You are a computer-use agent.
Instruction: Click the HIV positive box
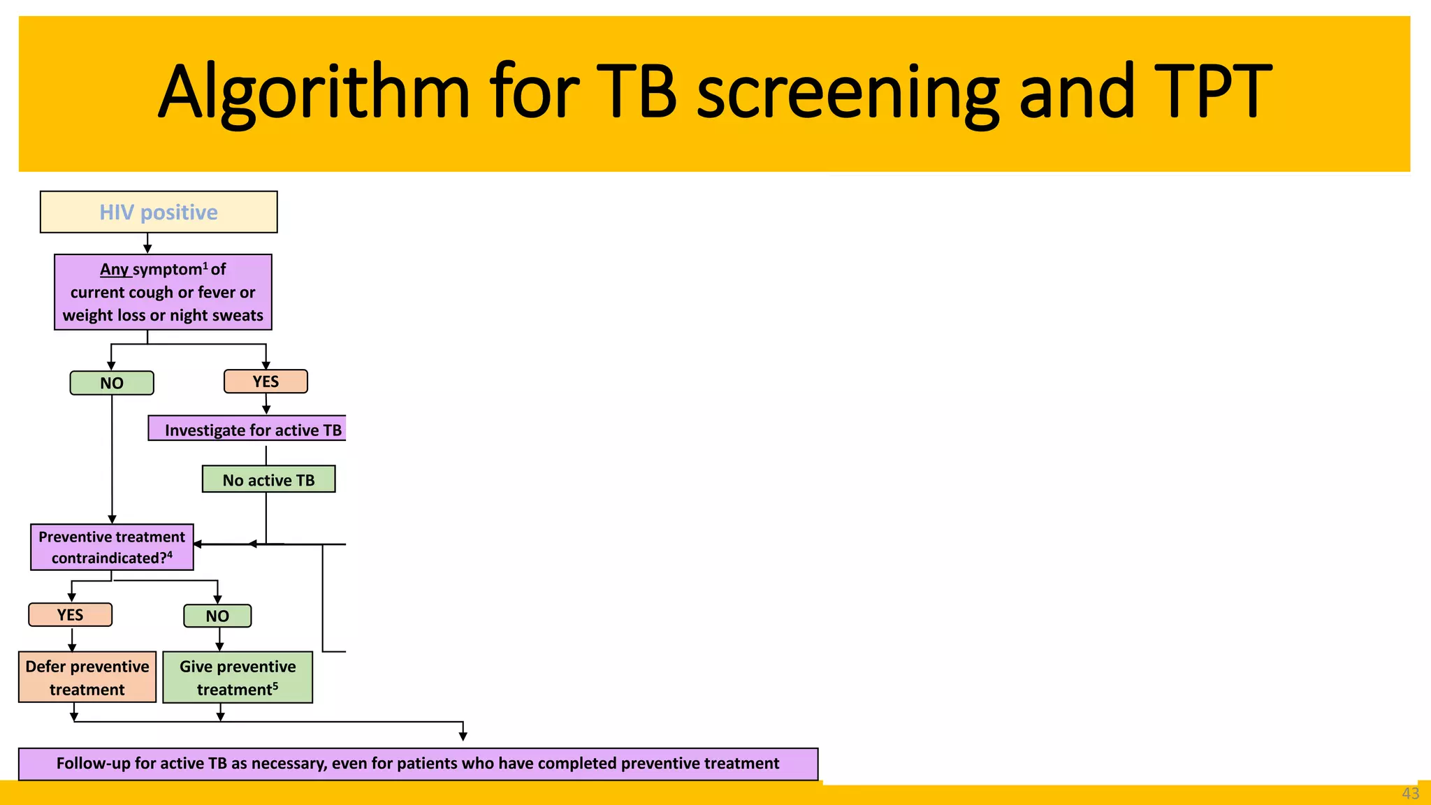[x=159, y=212]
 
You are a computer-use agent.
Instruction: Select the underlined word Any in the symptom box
[x=115, y=270]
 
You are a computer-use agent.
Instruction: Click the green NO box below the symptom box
[x=112, y=383]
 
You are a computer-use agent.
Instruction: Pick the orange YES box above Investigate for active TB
[x=266, y=382]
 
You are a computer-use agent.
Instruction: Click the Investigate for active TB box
[x=247, y=429]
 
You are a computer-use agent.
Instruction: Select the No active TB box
[x=268, y=479]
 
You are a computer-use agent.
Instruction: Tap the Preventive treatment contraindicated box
[x=112, y=547]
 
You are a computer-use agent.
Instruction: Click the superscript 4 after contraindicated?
[x=169, y=555]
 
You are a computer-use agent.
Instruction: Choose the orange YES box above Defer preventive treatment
[x=70, y=615]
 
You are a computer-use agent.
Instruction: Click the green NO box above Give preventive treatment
[x=217, y=616]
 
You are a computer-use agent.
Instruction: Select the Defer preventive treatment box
[x=87, y=677]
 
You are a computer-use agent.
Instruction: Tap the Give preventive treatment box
[x=238, y=677]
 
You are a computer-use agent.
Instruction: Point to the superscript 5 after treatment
[x=275, y=686]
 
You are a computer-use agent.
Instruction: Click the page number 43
[x=1410, y=794]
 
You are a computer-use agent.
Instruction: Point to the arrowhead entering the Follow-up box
[x=463, y=737]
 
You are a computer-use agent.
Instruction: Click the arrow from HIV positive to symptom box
[x=147, y=243]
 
